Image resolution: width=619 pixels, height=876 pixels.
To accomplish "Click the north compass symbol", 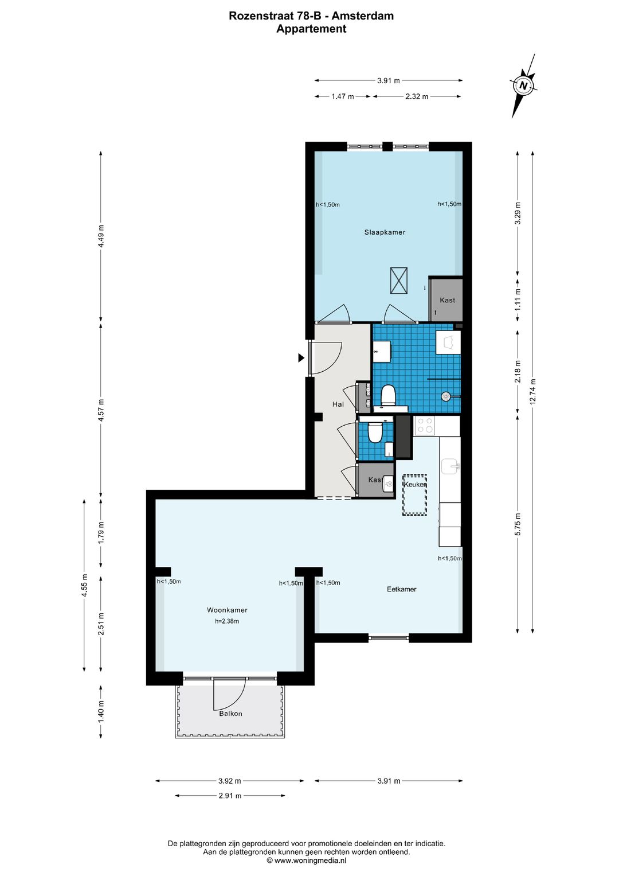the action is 523,85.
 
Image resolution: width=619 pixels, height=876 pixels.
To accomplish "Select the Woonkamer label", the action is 227,610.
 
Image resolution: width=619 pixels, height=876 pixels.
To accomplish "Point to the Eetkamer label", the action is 401,589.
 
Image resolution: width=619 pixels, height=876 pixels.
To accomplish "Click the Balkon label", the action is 230,713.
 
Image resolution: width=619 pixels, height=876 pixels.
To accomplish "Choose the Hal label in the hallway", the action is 338,404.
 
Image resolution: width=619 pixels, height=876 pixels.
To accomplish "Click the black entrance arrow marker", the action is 301,357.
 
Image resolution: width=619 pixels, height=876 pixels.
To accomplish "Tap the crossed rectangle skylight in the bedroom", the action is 398,281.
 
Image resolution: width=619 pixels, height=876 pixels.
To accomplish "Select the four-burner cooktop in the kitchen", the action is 425,426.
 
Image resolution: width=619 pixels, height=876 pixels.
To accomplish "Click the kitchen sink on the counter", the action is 450,466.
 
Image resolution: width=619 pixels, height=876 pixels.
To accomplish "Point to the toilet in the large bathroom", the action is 389,395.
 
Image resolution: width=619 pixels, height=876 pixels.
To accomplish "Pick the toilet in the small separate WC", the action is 375,431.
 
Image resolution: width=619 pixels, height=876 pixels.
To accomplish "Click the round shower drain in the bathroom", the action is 446,396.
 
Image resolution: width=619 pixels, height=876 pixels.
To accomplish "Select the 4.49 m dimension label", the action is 101,236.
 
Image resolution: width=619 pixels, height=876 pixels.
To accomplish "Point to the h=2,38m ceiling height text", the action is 226,621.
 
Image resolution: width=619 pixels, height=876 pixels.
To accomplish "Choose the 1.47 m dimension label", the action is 343,96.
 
